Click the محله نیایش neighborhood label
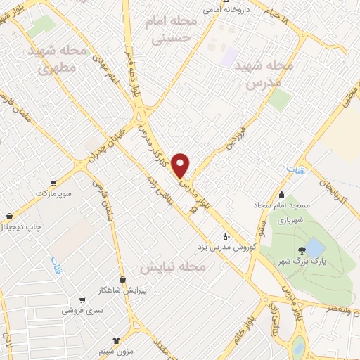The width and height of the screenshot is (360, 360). [x=172, y=268]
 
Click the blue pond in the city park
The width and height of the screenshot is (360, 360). [x=315, y=247]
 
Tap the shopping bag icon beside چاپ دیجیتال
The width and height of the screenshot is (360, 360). [x=8, y=216]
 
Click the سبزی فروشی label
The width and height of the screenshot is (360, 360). [x=83, y=310]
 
